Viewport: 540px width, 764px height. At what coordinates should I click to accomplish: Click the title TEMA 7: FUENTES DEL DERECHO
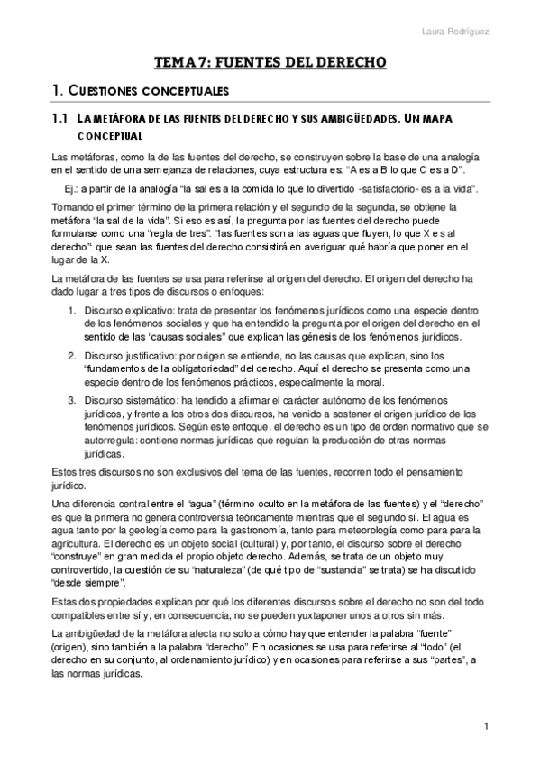point(270,62)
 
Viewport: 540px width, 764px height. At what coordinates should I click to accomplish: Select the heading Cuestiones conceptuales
point(150,91)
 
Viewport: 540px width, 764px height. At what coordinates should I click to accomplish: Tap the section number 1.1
point(60,118)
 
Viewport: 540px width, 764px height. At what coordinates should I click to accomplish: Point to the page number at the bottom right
point(486,726)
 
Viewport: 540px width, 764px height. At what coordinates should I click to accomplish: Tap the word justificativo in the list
point(149,355)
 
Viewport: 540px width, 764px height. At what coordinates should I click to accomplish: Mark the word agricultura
point(82,545)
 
